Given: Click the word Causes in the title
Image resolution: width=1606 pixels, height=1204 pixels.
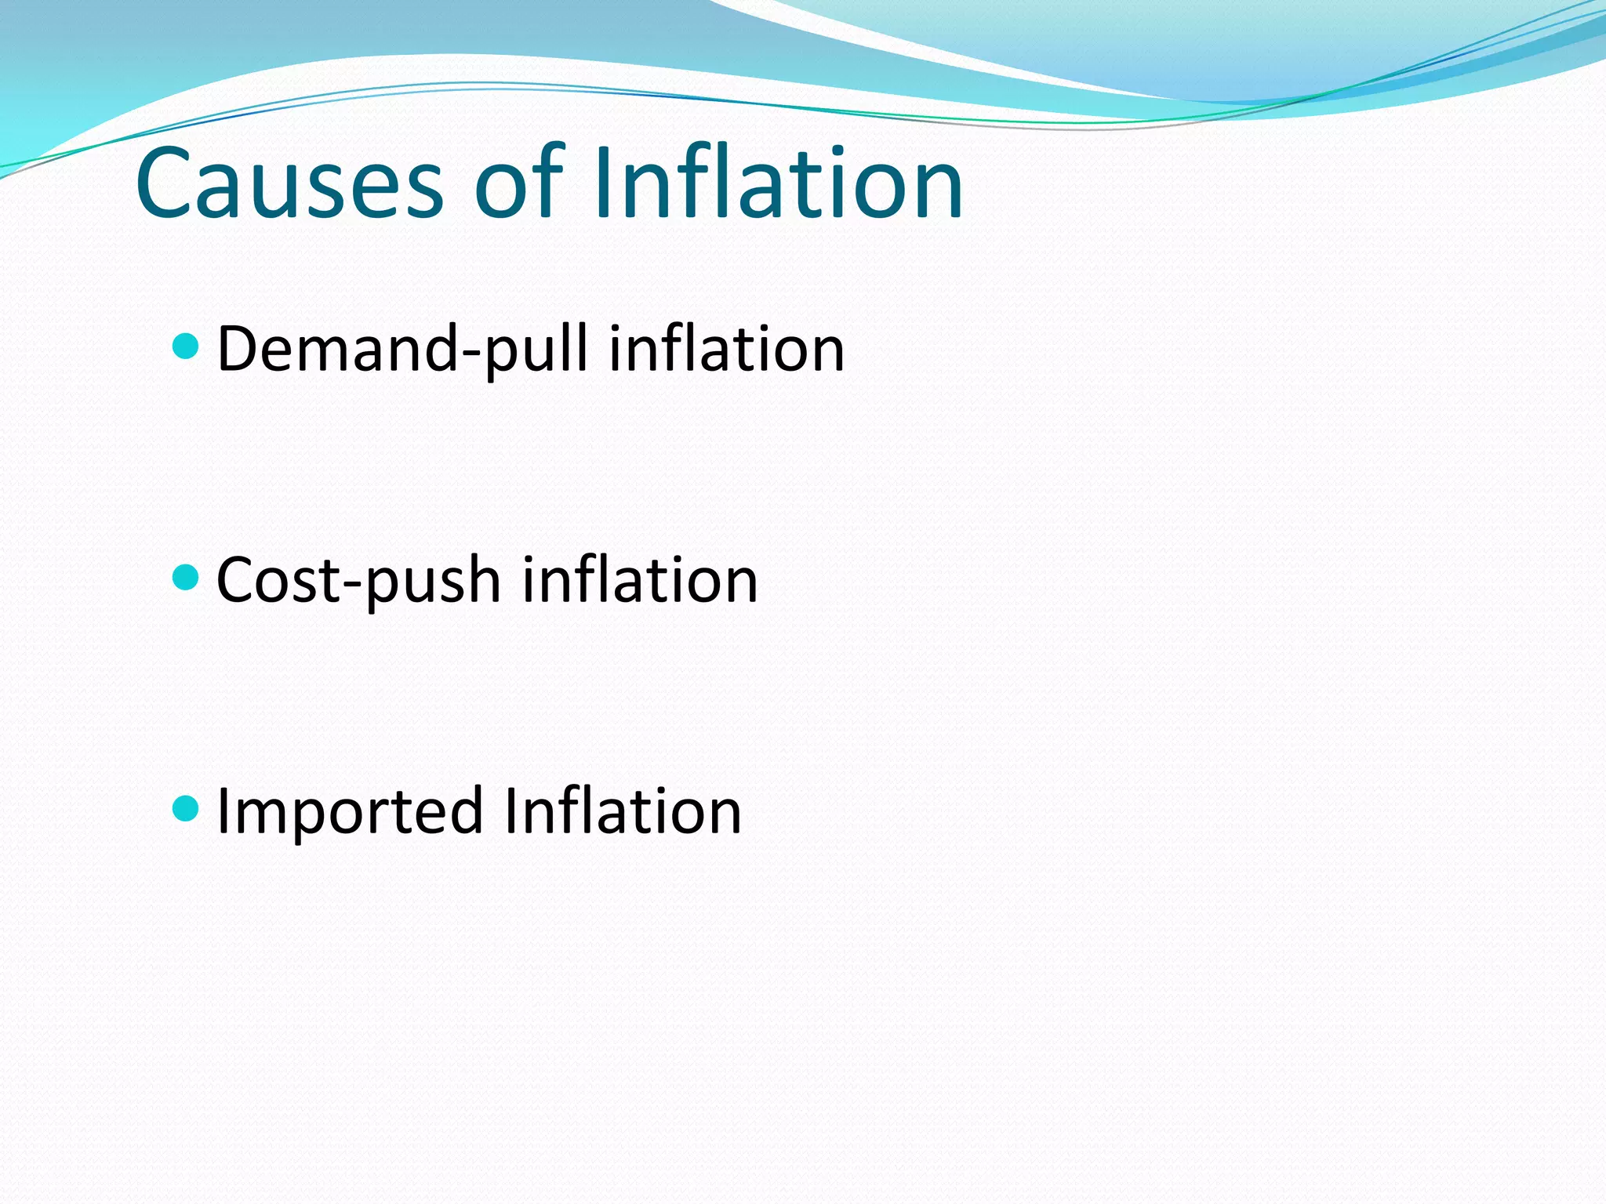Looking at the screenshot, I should (289, 184).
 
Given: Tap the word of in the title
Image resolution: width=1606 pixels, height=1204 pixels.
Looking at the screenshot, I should (518, 184).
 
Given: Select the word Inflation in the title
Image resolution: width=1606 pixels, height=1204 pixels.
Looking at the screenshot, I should (777, 184).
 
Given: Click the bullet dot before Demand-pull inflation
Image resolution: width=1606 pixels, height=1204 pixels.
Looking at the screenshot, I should (185, 346).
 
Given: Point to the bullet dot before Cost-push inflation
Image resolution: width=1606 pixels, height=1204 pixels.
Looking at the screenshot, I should (185, 578).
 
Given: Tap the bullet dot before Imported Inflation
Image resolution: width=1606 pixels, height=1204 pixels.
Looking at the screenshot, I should (185, 808).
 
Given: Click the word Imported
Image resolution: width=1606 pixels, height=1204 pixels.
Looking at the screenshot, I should (350, 812).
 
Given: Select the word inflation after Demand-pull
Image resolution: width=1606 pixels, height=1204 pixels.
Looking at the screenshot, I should (727, 349).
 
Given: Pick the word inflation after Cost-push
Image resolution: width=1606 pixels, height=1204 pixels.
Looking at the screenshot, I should (640, 580).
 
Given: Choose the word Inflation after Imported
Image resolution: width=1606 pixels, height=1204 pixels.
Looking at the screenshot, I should (623, 811).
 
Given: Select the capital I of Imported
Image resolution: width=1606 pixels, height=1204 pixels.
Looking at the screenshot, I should (223, 811).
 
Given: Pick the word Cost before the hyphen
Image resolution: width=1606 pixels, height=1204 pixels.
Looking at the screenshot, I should (278, 580).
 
